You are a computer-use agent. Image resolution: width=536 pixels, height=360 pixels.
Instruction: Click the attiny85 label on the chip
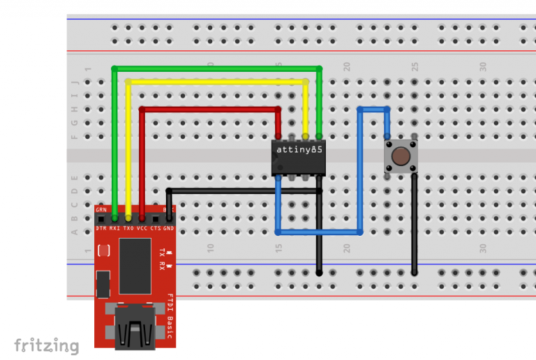(x=299, y=149)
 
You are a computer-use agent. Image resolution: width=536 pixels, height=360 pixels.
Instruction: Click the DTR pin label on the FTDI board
(x=100, y=229)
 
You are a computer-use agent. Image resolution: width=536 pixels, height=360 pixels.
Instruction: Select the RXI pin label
(x=114, y=229)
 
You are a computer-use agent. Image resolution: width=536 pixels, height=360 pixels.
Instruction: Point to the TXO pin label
(x=128, y=229)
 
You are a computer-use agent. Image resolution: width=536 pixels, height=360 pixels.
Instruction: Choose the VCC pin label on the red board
(x=142, y=229)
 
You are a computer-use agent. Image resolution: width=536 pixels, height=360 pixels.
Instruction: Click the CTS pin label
(x=156, y=229)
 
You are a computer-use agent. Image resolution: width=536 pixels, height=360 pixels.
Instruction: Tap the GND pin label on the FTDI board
(x=168, y=229)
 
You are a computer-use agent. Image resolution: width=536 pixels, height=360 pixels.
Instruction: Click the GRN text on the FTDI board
(x=101, y=209)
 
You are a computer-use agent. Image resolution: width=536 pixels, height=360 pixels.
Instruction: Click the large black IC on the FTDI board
(x=135, y=266)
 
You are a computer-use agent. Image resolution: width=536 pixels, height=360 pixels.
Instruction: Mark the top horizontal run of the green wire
(x=216, y=68)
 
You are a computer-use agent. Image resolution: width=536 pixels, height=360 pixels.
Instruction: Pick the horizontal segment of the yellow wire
(x=216, y=82)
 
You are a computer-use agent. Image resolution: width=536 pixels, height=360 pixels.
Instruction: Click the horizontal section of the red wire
(x=209, y=109)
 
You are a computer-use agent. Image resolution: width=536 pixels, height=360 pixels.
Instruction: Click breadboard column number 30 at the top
(x=482, y=66)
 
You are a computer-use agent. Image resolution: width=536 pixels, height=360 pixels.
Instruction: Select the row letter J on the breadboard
(x=75, y=82)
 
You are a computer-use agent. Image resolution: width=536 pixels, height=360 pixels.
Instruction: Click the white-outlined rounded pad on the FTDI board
(x=103, y=250)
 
